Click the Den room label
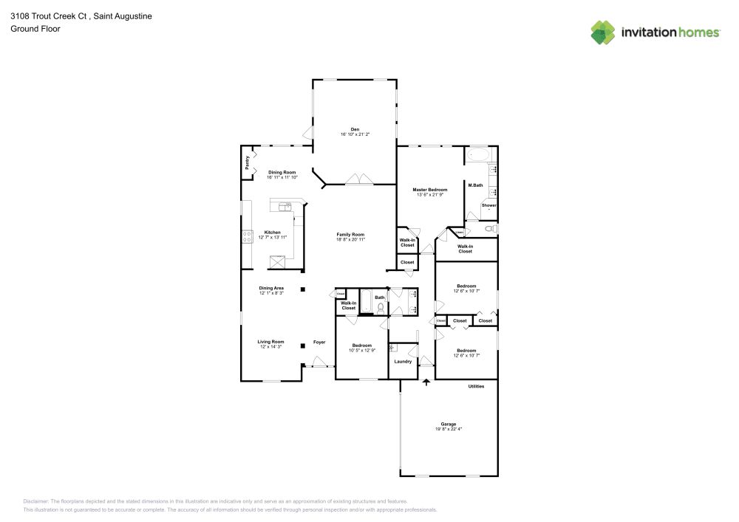pos(355,129)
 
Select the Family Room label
pos(350,234)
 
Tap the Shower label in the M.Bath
pos(488,205)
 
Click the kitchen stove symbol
pos(247,237)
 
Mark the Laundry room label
pos(403,361)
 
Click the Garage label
pos(449,424)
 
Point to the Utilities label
pos(476,386)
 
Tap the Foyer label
pos(319,342)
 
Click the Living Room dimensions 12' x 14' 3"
pos(270,347)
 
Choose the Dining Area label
pos(271,288)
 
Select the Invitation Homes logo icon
pos(603,32)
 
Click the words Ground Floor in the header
pos(35,29)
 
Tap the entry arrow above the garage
pos(426,382)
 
